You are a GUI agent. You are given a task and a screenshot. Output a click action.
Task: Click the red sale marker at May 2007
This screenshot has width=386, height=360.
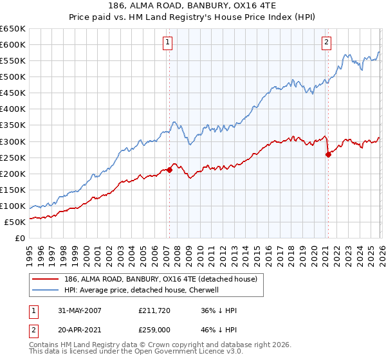click(x=170, y=170)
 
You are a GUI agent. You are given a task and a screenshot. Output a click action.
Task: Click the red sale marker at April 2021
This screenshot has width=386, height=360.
click(x=328, y=154)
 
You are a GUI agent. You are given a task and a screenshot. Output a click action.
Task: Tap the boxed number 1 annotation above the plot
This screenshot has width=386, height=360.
click(x=167, y=43)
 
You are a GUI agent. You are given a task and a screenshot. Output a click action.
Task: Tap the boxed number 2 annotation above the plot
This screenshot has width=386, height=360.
click(x=326, y=43)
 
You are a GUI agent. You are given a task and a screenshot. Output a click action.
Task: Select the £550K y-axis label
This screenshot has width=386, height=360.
click(x=13, y=61)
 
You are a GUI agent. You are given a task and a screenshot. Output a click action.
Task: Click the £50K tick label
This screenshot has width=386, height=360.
click(x=15, y=222)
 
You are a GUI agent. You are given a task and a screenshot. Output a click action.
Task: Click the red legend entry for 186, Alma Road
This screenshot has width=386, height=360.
click(x=152, y=279)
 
